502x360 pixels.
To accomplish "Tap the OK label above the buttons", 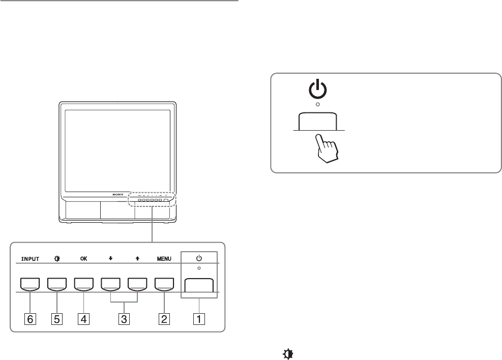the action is click(x=83, y=258).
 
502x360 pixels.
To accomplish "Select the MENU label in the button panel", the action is click(x=164, y=258).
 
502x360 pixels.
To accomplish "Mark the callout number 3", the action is click(x=124, y=319).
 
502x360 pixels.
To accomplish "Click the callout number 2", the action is click(x=164, y=319).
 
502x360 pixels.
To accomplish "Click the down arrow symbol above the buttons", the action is click(x=111, y=258).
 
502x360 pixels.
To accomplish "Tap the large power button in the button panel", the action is click(x=198, y=286).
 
